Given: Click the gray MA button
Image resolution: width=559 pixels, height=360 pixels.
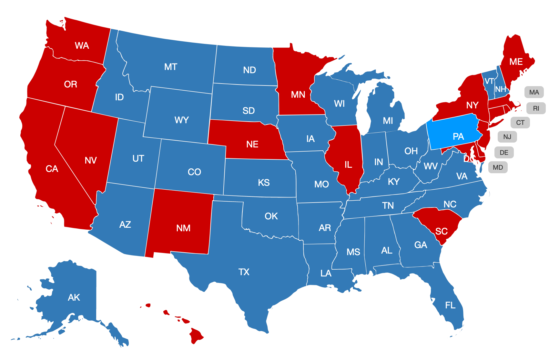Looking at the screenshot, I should (534, 92).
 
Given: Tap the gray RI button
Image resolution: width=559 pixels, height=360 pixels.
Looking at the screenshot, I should (536, 108).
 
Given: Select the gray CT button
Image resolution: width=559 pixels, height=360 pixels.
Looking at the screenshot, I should (520, 123).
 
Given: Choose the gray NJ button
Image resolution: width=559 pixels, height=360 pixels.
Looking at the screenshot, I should (507, 137).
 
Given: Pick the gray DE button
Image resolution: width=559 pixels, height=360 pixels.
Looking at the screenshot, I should (504, 152).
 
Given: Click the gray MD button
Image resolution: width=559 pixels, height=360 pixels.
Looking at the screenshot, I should (498, 167).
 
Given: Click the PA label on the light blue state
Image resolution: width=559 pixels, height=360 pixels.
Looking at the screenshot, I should (458, 136).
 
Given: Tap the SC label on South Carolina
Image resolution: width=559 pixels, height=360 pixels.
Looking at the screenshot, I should (441, 231).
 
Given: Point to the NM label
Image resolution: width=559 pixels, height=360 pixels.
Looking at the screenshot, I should (183, 228).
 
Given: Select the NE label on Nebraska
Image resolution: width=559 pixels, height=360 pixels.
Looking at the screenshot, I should (252, 144).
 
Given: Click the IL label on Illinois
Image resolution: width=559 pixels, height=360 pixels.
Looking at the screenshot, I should (348, 165).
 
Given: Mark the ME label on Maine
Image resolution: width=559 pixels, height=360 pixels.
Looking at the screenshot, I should (516, 62).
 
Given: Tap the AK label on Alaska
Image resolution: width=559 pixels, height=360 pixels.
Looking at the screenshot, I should (74, 297).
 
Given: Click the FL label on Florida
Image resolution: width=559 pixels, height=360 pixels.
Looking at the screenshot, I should (450, 305).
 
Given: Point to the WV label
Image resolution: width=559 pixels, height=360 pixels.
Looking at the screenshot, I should (431, 166).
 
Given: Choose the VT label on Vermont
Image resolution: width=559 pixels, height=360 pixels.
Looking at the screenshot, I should (489, 81).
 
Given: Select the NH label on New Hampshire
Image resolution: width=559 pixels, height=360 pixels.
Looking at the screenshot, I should (501, 89).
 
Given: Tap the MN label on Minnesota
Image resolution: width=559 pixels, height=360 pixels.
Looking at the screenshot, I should (298, 95).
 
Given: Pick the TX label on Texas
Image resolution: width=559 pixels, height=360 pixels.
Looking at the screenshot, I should (244, 272).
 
